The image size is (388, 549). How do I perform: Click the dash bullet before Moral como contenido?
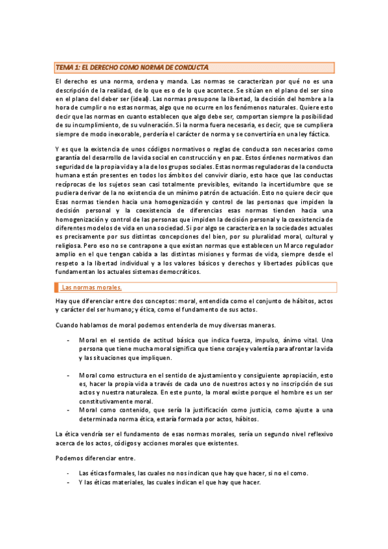(x=68, y=410)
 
